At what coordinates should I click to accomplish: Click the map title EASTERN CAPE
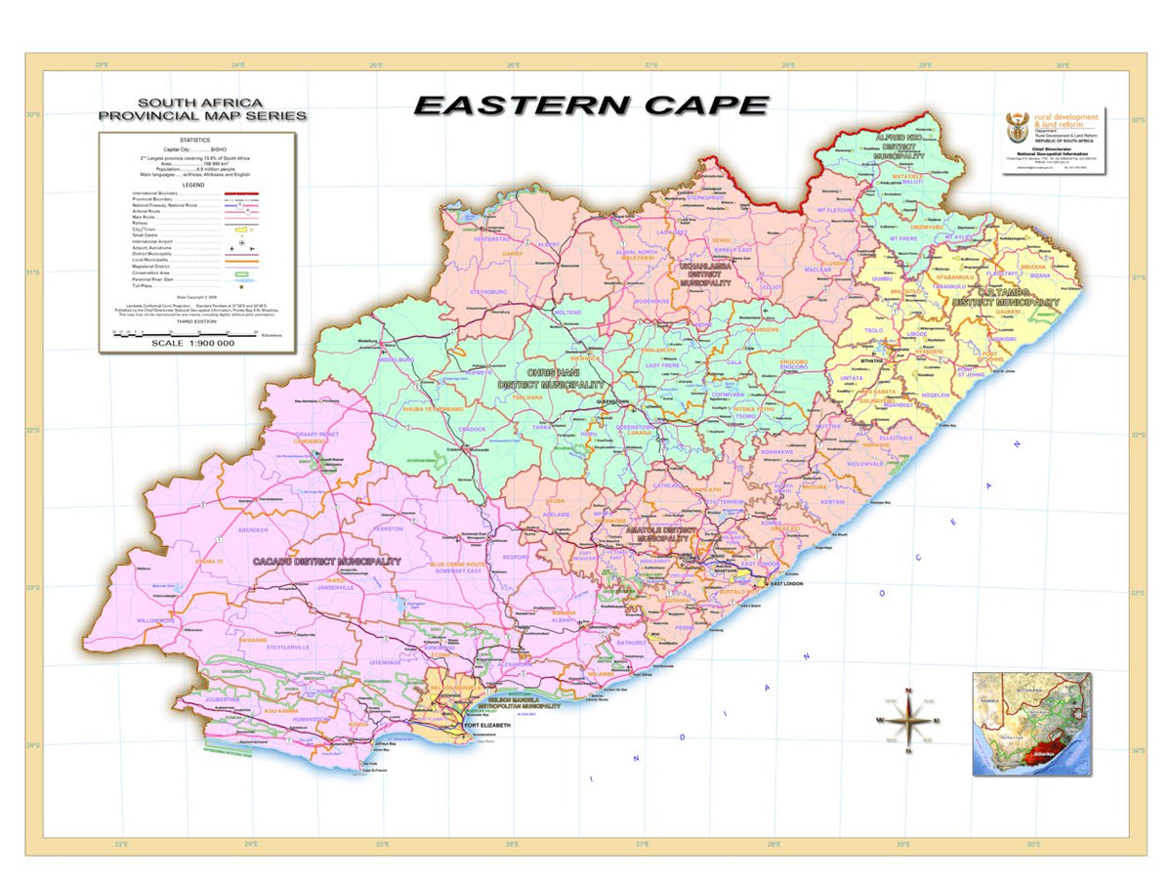click(x=591, y=105)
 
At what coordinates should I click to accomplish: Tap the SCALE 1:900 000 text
click(x=192, y=344)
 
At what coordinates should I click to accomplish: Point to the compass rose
click(x=908, y=721)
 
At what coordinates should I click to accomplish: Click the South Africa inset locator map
click(x=1031, y=724)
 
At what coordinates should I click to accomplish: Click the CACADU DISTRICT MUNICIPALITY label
click(x=326, y=562)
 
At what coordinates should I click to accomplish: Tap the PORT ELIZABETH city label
click(x=488, y=726)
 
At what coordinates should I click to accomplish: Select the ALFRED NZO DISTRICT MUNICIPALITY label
click(x=900, y=147)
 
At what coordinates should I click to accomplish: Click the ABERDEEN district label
click(x=252, y=530)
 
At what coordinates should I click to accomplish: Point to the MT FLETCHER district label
click(x=836, y=210)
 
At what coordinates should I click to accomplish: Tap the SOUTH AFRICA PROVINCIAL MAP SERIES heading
click(x=202, y=108)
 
